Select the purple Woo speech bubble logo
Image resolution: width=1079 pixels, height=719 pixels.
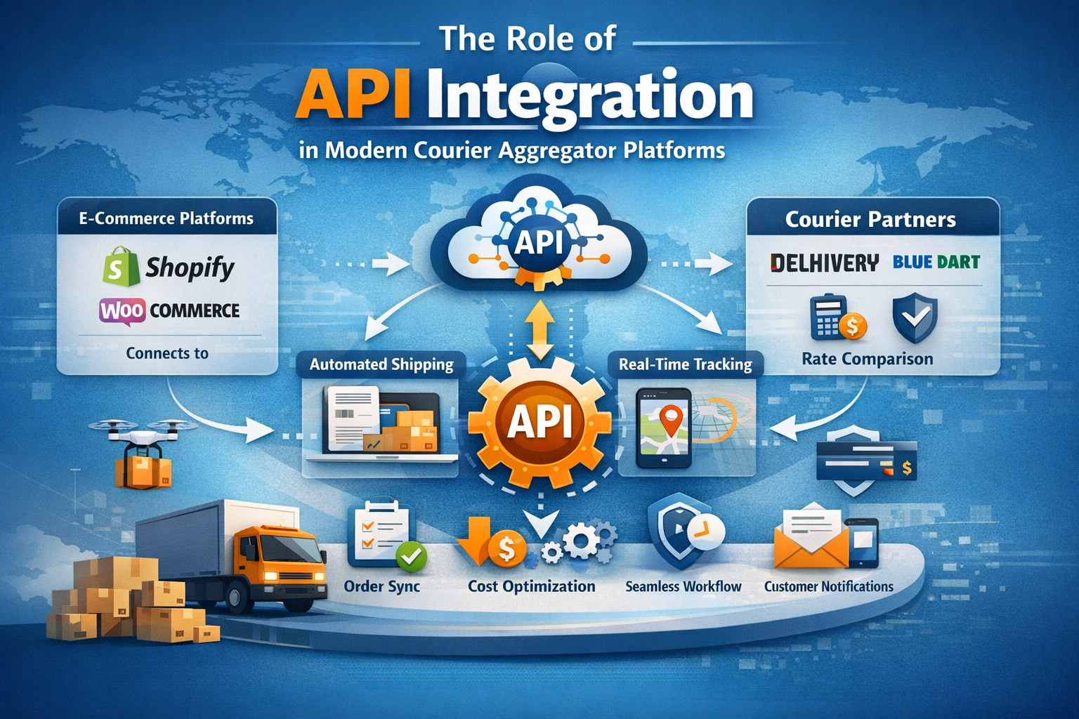coord(122,311)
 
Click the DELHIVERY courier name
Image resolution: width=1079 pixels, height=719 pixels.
coord(824,263)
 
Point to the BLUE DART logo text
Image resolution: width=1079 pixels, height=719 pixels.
coord(936,262)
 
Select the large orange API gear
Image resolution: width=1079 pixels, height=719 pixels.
coord(540,423)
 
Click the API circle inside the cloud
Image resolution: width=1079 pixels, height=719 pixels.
coord(539,241)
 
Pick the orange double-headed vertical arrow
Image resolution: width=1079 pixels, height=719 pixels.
coord(540,331)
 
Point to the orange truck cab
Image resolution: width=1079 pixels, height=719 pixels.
coord(280,559)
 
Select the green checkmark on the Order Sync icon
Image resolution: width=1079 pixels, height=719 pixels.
coord(412,557)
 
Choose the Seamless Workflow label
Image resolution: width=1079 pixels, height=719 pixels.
coord(683,586)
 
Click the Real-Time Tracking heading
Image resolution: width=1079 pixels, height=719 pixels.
coord(685,364)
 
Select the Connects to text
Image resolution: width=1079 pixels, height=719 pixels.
coord(167,353)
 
